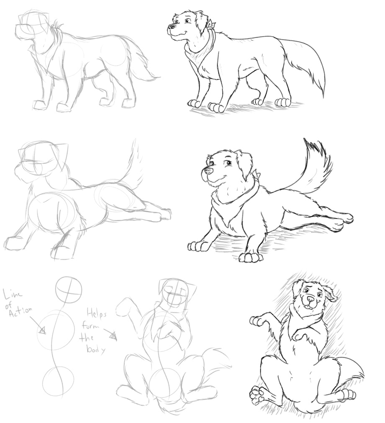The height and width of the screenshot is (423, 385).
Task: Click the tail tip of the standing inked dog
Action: [323, 94]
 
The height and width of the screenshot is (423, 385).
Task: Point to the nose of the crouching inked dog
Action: [208, 170]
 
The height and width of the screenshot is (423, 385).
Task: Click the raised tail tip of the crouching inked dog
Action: [305, 140]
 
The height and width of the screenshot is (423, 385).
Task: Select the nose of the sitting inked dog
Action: [311, 299]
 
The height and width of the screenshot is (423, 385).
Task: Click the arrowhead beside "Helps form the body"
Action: [113, 336]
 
